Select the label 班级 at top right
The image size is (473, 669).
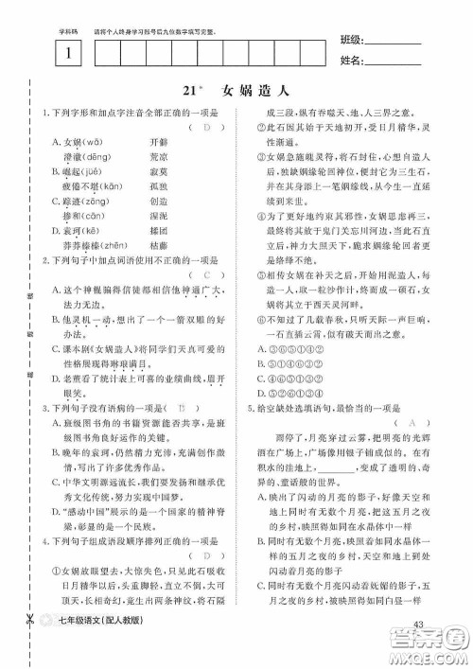click(350, 43)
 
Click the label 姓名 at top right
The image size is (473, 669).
click(350, 62)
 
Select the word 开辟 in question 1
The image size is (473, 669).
click(158, 140)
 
